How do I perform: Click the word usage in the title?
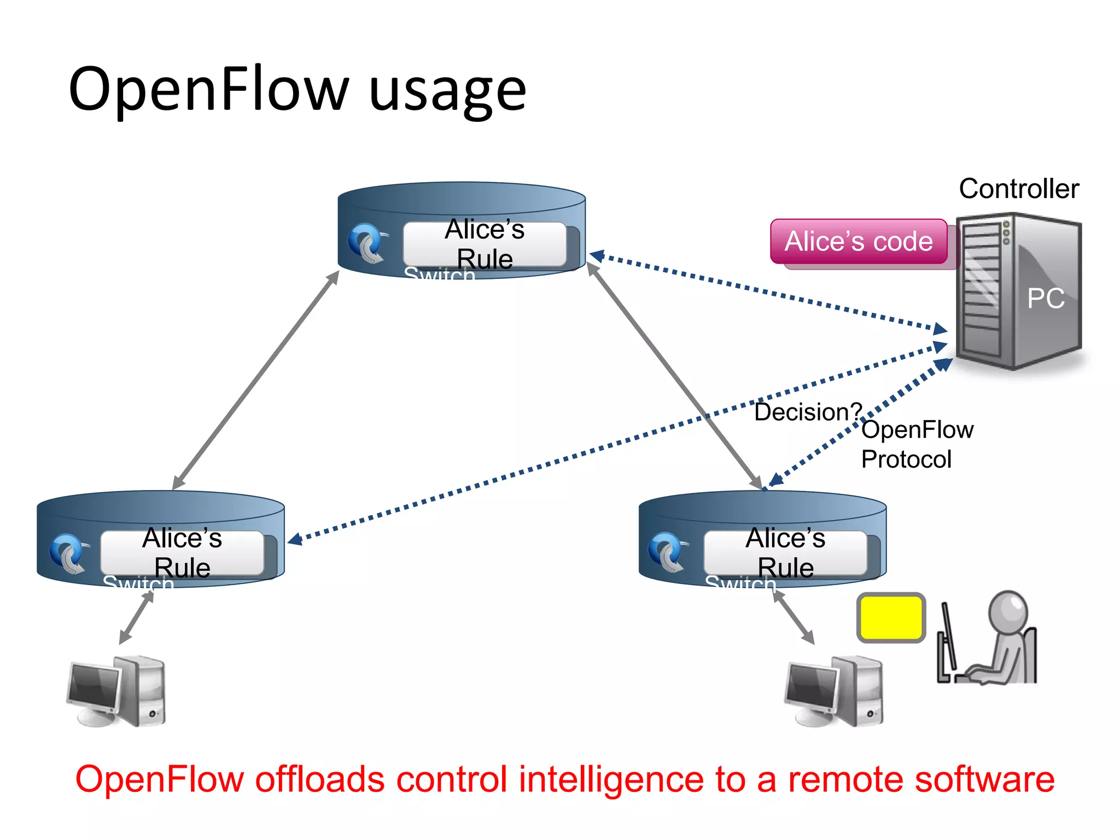(x=447, y=90)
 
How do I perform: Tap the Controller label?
(x=1018, y=189)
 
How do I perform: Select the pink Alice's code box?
(x=858, y=242)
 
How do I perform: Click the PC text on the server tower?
(x=1045, y=299)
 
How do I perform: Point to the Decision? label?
(x=807, y=412)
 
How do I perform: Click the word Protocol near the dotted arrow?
(x=906, y=459)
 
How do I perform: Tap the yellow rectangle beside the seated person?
(x=891, y=617)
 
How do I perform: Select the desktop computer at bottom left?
(x=116, y=691)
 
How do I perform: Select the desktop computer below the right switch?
(x=834, y=691)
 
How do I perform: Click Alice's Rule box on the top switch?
(x=485, y=244)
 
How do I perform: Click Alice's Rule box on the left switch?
(x=182, y=552)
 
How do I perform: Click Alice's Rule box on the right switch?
(x=785, y=552)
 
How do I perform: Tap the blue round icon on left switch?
(x=68, y=553)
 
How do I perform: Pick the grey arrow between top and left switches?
(x=256, y=380)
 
